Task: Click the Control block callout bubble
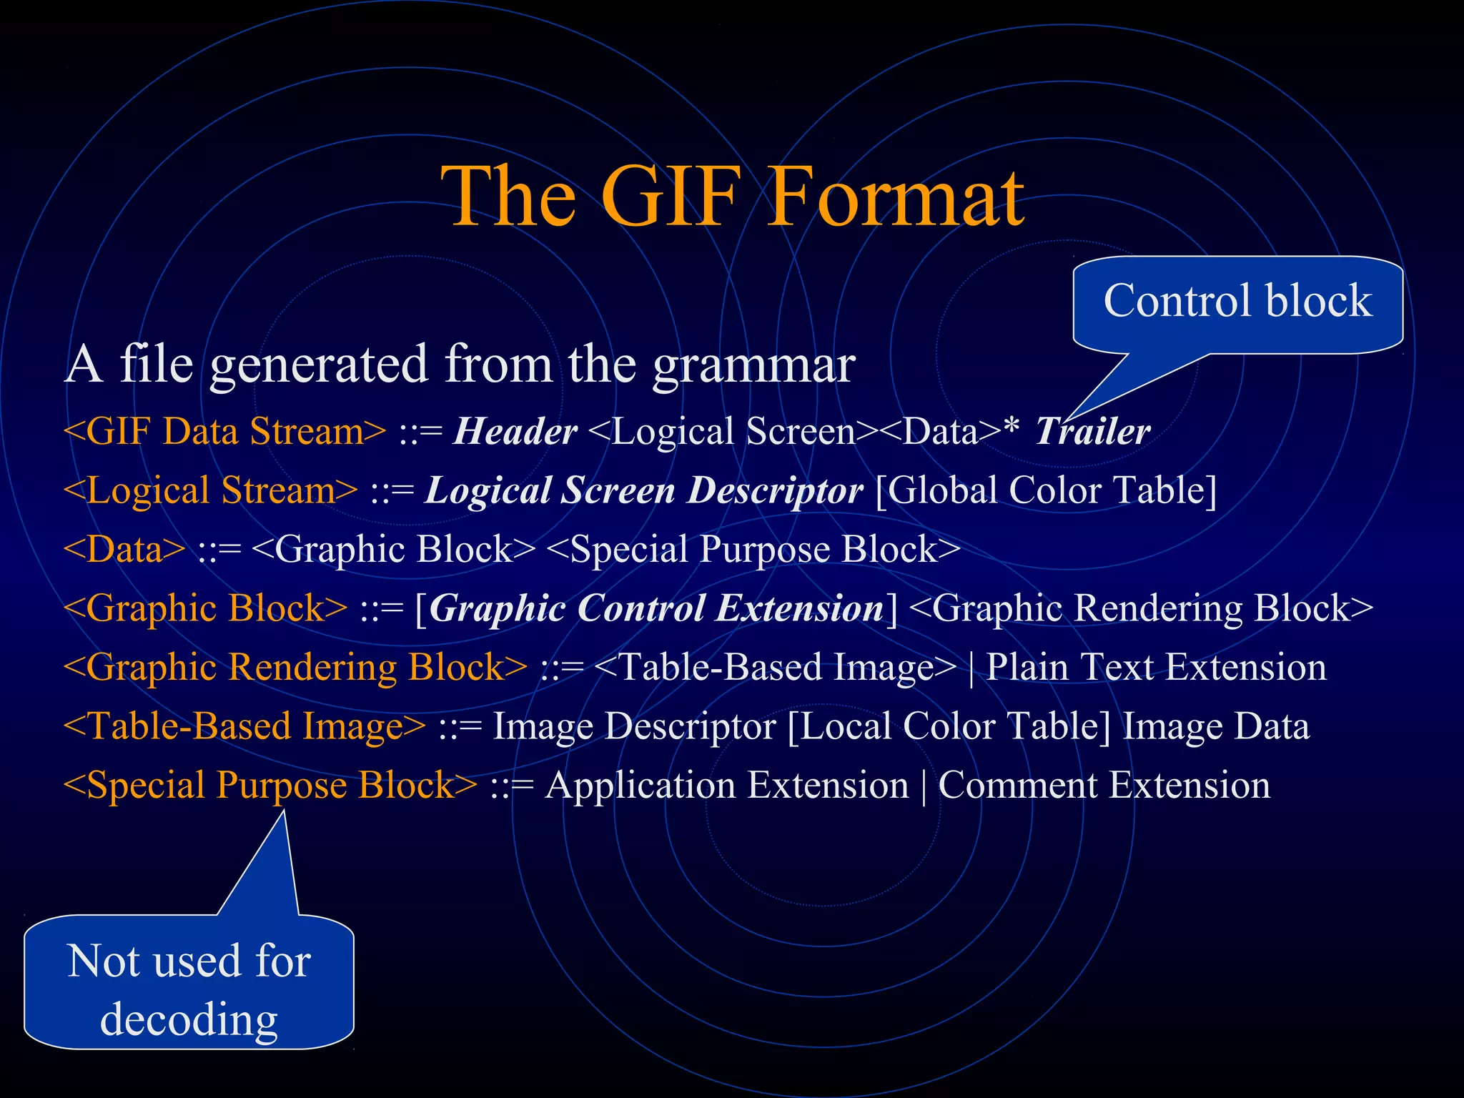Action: coord(1237,302)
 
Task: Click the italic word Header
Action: coord(515,432)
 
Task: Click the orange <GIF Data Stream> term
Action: coord(224,432)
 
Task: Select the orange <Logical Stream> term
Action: coord(210,491)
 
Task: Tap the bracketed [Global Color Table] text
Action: coord(1046,491)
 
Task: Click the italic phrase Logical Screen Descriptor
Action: coord(643,491)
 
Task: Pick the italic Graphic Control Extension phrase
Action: coord(656,609)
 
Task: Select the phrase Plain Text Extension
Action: coord(1156,668)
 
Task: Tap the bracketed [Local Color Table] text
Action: coord(949,727)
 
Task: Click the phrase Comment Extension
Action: coord(1104,786)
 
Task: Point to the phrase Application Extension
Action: coord(726,786)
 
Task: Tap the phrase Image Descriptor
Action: coord(634,727)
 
